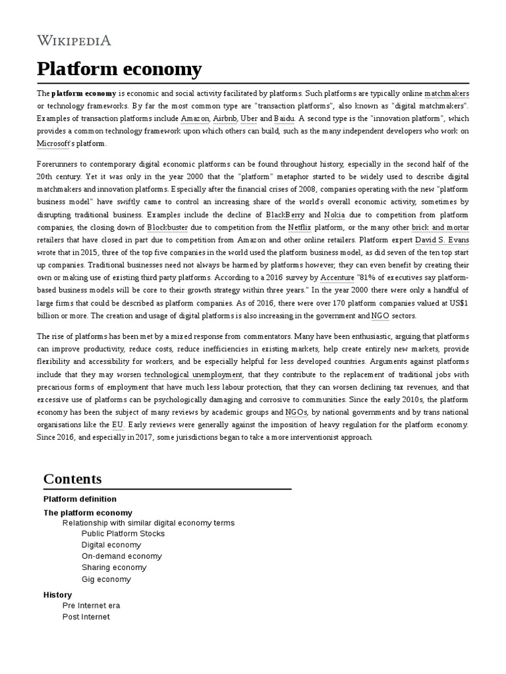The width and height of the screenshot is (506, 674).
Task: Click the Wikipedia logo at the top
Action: pyautogui.click(x=74, y=41)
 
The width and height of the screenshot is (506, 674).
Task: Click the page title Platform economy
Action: pyautogui.click(x=119, y=68)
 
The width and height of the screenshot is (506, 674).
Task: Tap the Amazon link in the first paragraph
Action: pyautogui.click(x=195, y=118)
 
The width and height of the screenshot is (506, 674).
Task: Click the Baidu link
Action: pyautogui.click(x=285, y=118)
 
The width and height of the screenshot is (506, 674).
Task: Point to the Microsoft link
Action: pyautogui.click(x=53, y=143)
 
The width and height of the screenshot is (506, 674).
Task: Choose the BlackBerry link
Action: pyautogui.click(x=285, y=215)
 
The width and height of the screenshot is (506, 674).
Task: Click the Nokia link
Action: pyautogui.click(x=334, y=215)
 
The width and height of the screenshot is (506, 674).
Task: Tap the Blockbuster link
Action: pyautogui.click(x=167, y=227)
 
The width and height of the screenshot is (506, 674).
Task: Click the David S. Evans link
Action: pyautogui.click(x=442, y=240)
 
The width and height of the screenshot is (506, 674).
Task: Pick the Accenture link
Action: pyautogui.click(x=337, y=278)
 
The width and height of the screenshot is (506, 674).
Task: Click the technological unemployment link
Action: pyautogui.click(x=194, y=375)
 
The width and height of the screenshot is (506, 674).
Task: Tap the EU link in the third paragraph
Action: pyautogui.click(x=117, y=425)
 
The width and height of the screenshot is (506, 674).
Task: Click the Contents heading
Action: pyautogui.click(x=72, y=479)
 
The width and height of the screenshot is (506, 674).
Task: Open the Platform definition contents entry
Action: pyautogui.click(x=80, y=499)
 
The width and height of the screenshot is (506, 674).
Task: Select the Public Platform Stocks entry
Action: pyautogui.click(x=123, y=533)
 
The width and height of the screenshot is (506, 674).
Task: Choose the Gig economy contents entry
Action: pyautogui.click(x=106, y=579)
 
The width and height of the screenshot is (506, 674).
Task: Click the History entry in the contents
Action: pyautogui.click(x=57, y=594)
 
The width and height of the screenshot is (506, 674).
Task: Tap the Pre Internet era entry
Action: pyautogui.click(x=91, y=606)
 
